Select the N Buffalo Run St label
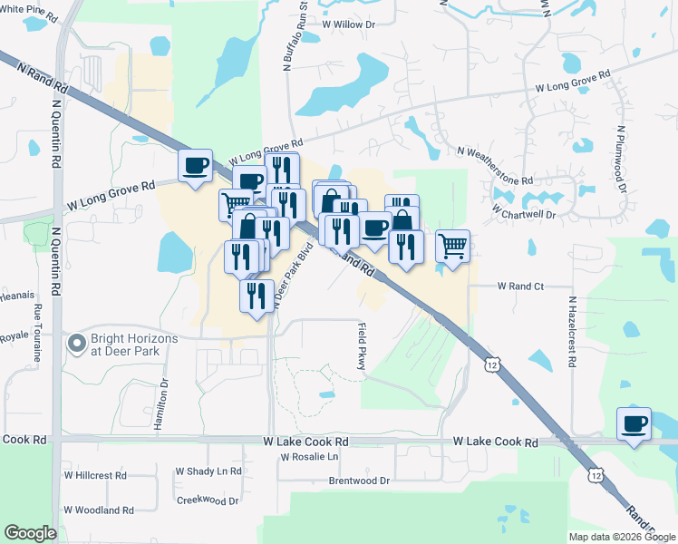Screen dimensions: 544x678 click(293, 37)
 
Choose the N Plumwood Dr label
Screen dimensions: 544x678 click(622, 160)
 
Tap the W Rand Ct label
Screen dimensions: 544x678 click(519, 286)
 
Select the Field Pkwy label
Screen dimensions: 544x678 click(361, 347)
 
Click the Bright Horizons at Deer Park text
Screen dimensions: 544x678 click(133, 345)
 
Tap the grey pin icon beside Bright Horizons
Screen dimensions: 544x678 click(76, 345)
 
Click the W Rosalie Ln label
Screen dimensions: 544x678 click(315, 456)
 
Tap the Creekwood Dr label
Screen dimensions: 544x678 click(208, 500)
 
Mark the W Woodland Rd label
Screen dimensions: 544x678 click(99, 510)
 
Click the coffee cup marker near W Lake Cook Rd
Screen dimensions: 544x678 click(634, 423)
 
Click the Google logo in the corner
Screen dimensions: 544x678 click(30, 533)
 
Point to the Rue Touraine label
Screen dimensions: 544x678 click(38, 334)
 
